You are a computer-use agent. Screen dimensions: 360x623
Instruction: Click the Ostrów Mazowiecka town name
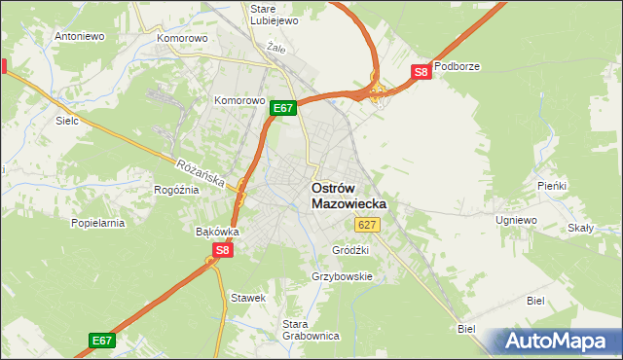348,196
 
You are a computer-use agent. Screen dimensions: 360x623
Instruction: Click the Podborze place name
458,67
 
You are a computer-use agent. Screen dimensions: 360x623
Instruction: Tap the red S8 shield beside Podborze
421,72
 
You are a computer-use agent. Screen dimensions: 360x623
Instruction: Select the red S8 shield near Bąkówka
223,250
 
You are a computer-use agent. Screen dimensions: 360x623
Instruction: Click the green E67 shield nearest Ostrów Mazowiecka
282,108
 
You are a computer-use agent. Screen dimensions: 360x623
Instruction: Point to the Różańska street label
201,174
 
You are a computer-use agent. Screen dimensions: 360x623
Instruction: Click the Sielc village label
67,122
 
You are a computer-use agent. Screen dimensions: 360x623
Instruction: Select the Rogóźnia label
176,190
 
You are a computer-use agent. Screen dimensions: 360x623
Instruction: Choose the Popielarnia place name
97,223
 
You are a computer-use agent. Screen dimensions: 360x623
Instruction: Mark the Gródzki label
349,249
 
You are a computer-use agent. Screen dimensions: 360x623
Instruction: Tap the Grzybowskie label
342,276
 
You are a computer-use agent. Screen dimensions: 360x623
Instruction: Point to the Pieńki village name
552,185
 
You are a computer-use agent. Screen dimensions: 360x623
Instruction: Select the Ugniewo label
516,221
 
